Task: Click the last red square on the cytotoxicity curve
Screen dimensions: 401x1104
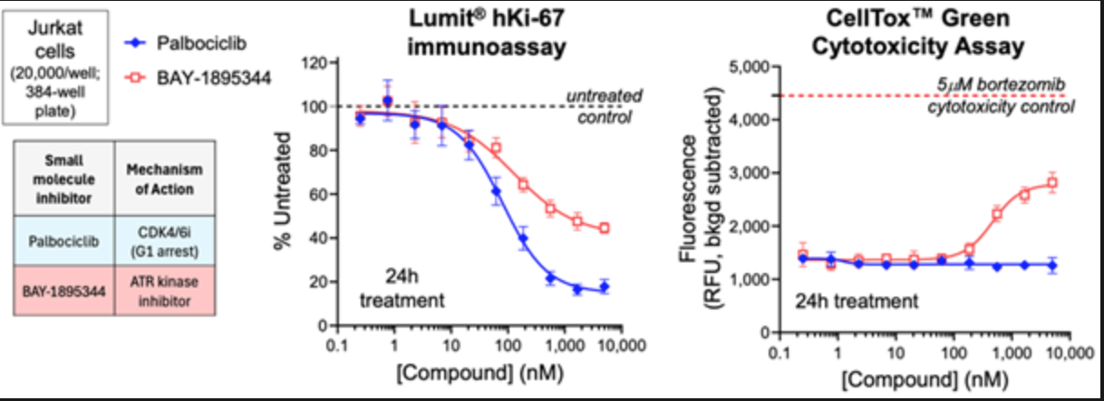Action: pos(1052,182)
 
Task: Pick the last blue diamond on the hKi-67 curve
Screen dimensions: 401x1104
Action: pos(605,287)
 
